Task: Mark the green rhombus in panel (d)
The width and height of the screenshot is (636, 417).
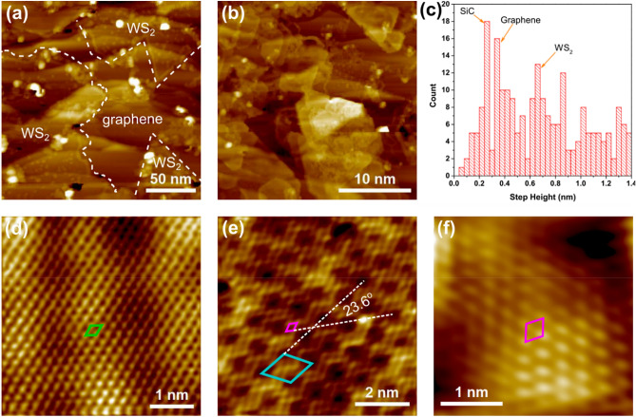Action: (x=93, y=330)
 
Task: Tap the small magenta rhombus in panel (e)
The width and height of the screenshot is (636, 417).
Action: (x=292, y=327)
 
